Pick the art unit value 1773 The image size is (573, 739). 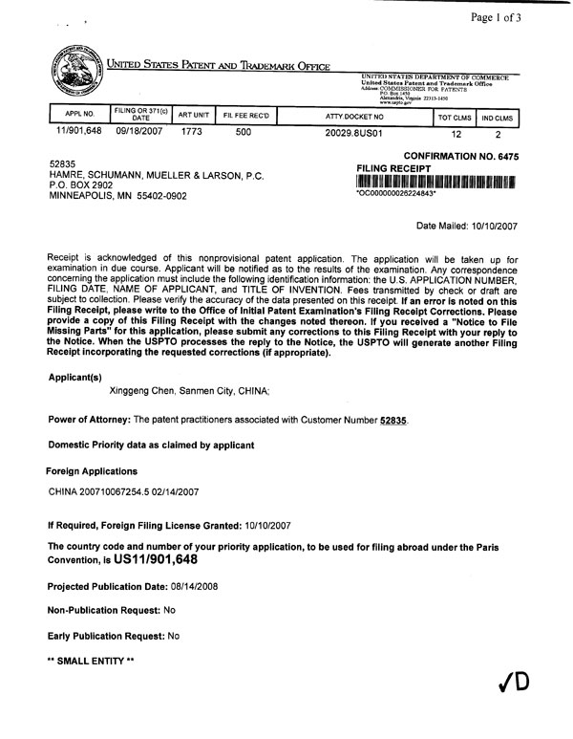194,134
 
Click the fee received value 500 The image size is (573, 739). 243,134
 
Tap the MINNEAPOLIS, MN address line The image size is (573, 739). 119,195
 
